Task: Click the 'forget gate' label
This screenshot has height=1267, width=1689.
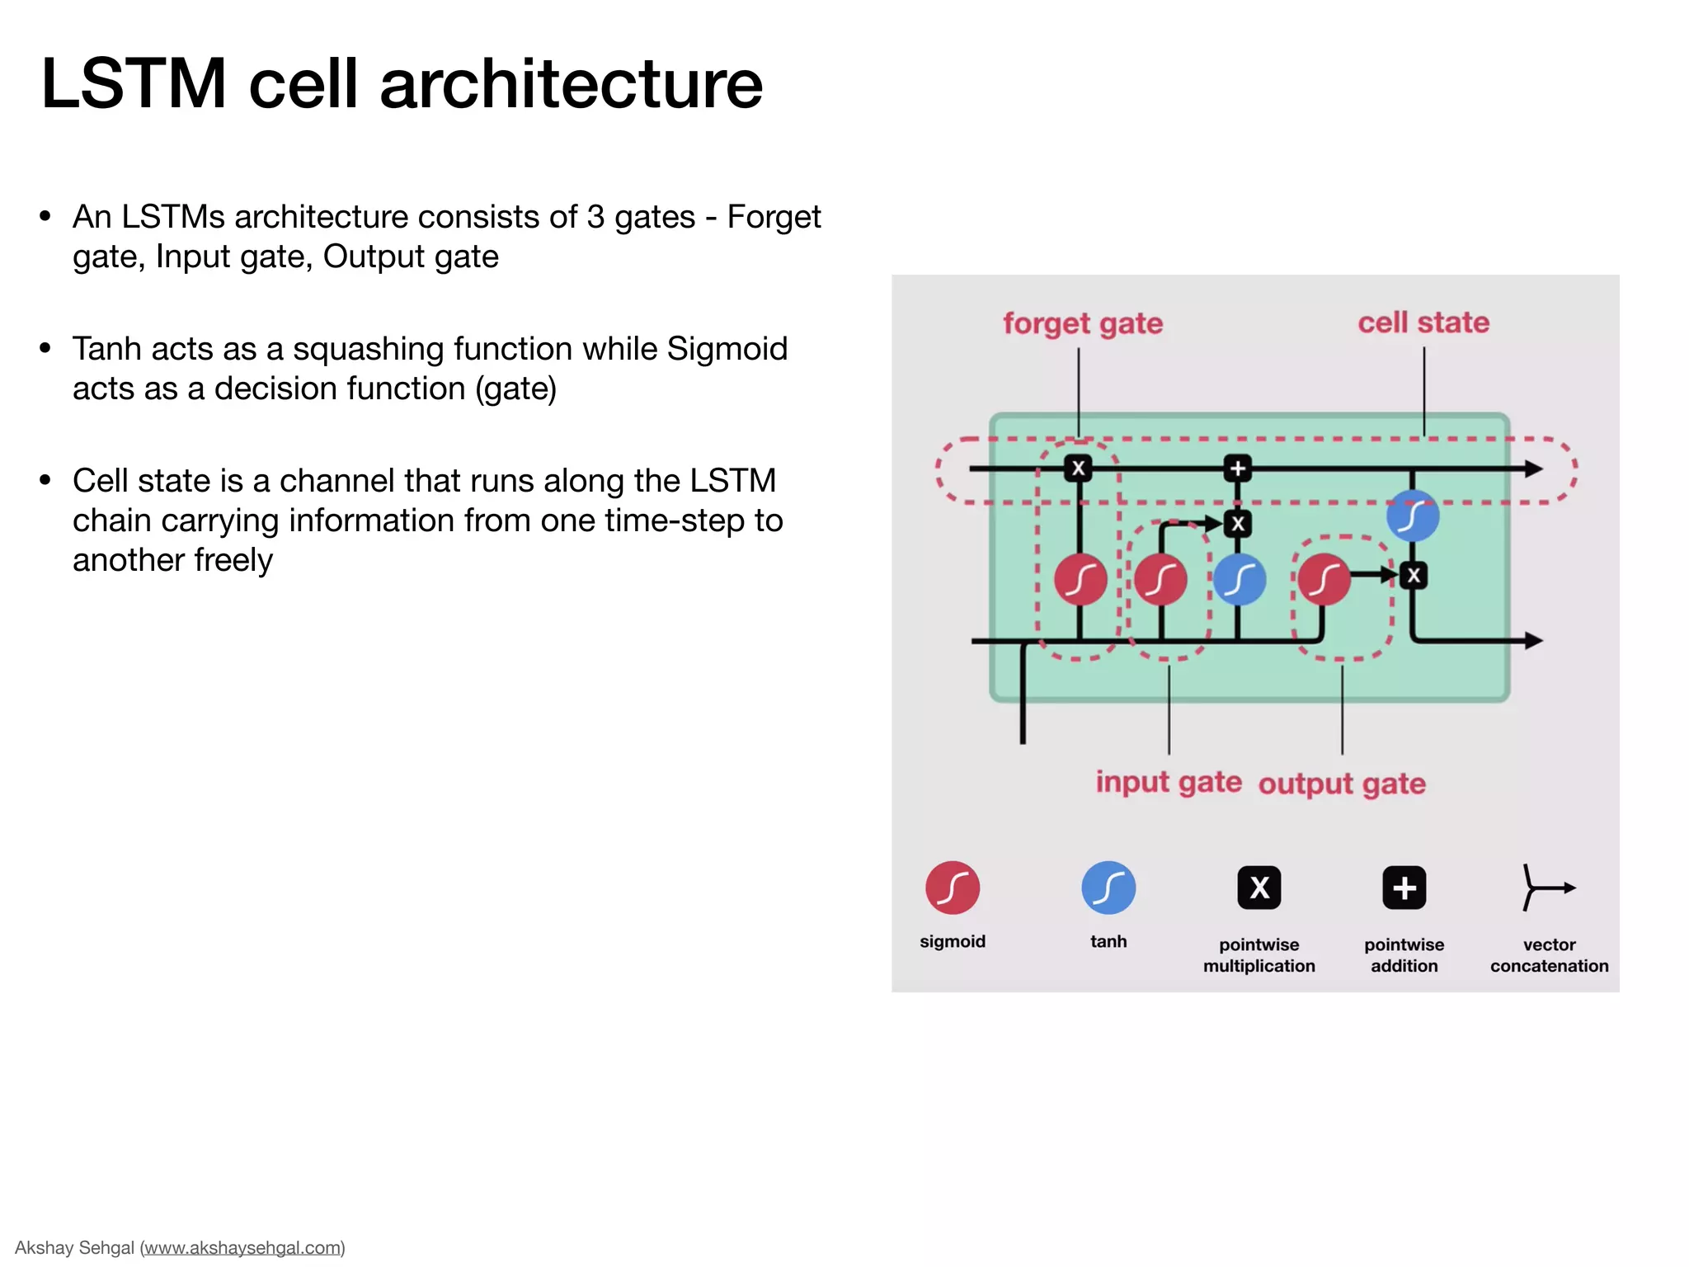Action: click(1082, 323)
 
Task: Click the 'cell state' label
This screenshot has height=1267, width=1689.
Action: click(1423, 323)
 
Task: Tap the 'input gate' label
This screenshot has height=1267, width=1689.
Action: click(1168, 782)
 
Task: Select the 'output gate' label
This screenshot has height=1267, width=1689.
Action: click(1342, 784)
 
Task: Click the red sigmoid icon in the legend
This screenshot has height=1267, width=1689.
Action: click(953, 888)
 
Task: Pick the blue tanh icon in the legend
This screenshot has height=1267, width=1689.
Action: click(1108, 888)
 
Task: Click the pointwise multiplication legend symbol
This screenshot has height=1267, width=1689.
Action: click(1259, 888)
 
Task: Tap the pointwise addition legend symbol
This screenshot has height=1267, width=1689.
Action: click(1404, 888)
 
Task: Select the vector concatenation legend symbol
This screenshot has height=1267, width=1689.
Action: click(1546, 888)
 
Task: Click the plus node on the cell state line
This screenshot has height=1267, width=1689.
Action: click(1237, 469)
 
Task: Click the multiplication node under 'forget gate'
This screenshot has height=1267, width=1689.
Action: click(1079, 469)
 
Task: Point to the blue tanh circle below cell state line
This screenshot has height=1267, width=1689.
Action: click(1413, 516)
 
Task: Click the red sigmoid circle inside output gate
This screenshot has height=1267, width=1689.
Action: click(1324, 579)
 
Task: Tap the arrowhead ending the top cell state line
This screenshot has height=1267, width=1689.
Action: click(1533, 469)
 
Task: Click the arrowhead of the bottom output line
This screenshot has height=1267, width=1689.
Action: click(1533, 640)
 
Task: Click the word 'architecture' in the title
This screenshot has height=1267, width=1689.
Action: click(571, 84)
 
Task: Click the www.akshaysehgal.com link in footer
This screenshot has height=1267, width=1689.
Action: click(242, 1247)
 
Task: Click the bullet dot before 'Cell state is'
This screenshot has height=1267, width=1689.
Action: click(45, 480)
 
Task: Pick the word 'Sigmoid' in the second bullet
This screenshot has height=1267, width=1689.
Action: click(727, 349)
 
